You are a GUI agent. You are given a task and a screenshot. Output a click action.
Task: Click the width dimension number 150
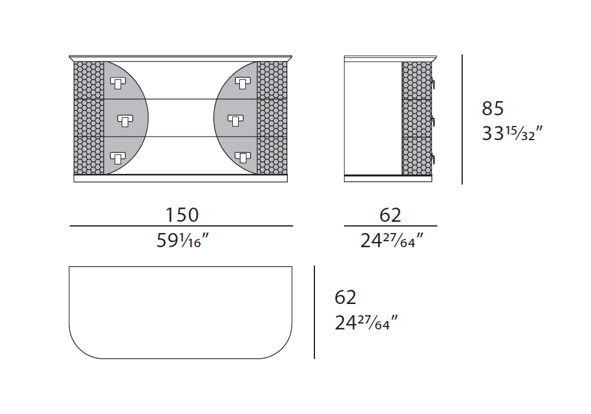182,215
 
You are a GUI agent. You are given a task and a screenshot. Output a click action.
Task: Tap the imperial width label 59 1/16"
183,240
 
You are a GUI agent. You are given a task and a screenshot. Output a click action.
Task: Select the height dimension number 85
493,108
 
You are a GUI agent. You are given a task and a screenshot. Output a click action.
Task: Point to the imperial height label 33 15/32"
512,133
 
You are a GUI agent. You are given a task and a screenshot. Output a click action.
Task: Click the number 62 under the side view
390,215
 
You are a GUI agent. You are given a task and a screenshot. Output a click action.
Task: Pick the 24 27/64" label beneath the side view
392,240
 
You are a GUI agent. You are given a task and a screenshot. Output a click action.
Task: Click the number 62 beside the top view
345,297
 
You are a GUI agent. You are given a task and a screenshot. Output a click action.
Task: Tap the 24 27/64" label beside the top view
366,322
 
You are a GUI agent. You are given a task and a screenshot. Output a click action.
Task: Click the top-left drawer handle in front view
118,83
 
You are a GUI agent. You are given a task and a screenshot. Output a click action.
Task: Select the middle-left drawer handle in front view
125,120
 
